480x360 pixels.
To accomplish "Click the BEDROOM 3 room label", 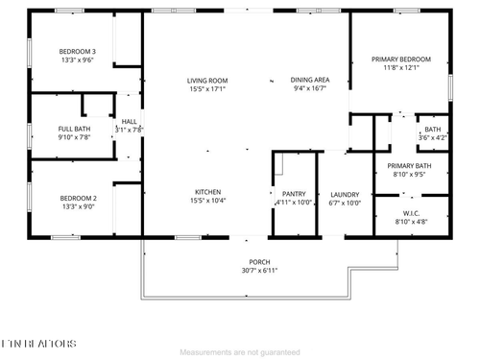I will click(78, 51).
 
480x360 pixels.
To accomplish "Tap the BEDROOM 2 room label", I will click(78, 197).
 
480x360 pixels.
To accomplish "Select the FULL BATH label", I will click(74, 128).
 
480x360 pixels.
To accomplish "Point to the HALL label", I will click(129, 121).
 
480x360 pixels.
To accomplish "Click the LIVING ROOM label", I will click(206, 80).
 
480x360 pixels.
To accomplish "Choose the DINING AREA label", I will click(310, 80).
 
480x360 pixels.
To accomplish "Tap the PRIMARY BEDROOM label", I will click(401, 60).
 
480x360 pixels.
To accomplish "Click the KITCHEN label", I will click(208, 192).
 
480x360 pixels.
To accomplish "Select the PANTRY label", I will click(294, 194).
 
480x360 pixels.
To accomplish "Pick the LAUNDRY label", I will click(344, 194).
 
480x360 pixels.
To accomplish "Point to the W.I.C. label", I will click(411, 213).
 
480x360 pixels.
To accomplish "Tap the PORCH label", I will click(259, 262).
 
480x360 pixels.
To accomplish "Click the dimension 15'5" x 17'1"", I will click(206, 89).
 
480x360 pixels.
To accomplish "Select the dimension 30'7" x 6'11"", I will click(259, 272).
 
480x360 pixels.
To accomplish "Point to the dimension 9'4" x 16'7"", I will click(310, 89).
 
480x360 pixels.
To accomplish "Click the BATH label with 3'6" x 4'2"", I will click(433, 130).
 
